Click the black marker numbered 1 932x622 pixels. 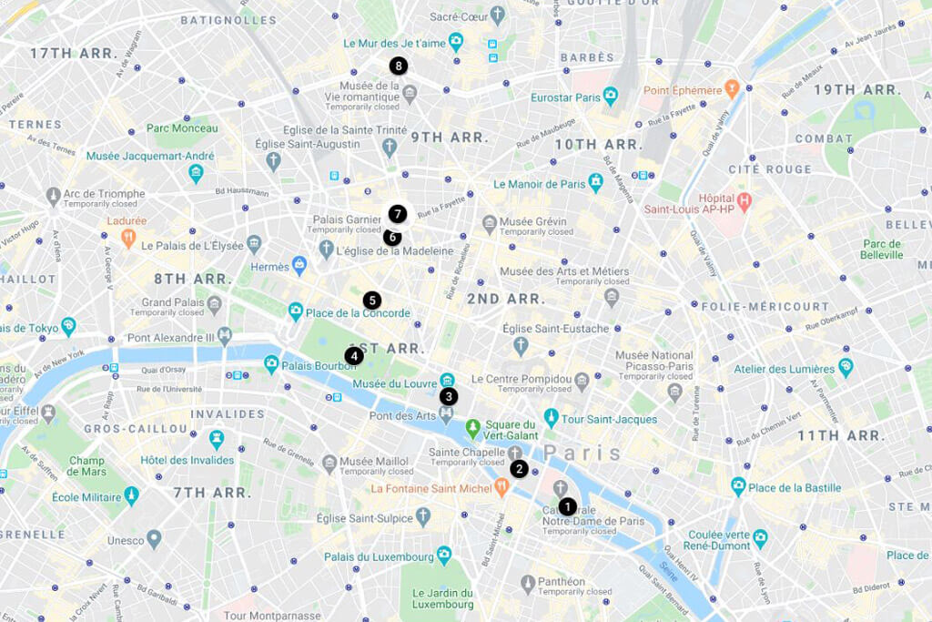[567, 506]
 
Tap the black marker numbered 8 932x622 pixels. [398, 66]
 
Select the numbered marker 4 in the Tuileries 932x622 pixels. [354, 356]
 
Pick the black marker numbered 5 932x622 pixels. [371, 300]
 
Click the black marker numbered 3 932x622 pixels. [448, 396]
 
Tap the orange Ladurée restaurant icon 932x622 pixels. [128, 238]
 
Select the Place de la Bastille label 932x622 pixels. [794, 488]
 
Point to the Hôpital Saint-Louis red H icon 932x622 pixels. [744, 199]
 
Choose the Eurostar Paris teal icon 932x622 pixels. [611, 96]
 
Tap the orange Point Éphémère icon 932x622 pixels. [732, 88]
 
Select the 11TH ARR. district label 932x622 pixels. [840, 435]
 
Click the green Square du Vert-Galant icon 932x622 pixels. [472, 427]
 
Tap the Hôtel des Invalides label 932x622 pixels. [187, 460]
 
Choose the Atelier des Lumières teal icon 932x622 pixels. [846, 367]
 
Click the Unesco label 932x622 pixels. [126, 540]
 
